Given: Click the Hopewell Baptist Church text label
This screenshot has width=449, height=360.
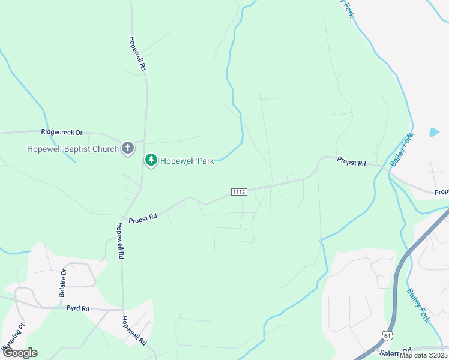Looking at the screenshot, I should click(72, 149).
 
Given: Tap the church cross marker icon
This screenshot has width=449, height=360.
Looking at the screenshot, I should click(127, 148).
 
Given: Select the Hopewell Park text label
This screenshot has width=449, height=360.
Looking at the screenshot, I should click(187, 161).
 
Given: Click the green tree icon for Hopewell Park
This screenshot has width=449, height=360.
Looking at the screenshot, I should click(151, 160).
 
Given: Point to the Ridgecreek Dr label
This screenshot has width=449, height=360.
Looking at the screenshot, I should click(61, 131).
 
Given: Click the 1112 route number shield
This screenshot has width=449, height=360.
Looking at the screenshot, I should click(239, 191).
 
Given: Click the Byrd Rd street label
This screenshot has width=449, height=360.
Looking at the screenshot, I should click(78, 308).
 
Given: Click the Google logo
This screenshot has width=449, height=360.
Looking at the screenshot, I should click(20, 353).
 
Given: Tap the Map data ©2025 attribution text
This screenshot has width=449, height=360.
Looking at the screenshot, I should click(423, 355).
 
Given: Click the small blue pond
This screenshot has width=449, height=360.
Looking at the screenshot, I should click(434, 131).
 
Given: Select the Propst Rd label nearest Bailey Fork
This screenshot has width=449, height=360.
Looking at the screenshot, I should click(351, 161).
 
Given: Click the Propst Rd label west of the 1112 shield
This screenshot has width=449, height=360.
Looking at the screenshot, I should click(142, 218).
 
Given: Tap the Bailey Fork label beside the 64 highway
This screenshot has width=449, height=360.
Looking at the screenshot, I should click(418, 306).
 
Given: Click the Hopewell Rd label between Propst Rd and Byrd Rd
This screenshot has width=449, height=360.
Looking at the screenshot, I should click(120, 241).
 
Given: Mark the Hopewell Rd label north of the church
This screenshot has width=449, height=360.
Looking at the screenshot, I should click(137, 54).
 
